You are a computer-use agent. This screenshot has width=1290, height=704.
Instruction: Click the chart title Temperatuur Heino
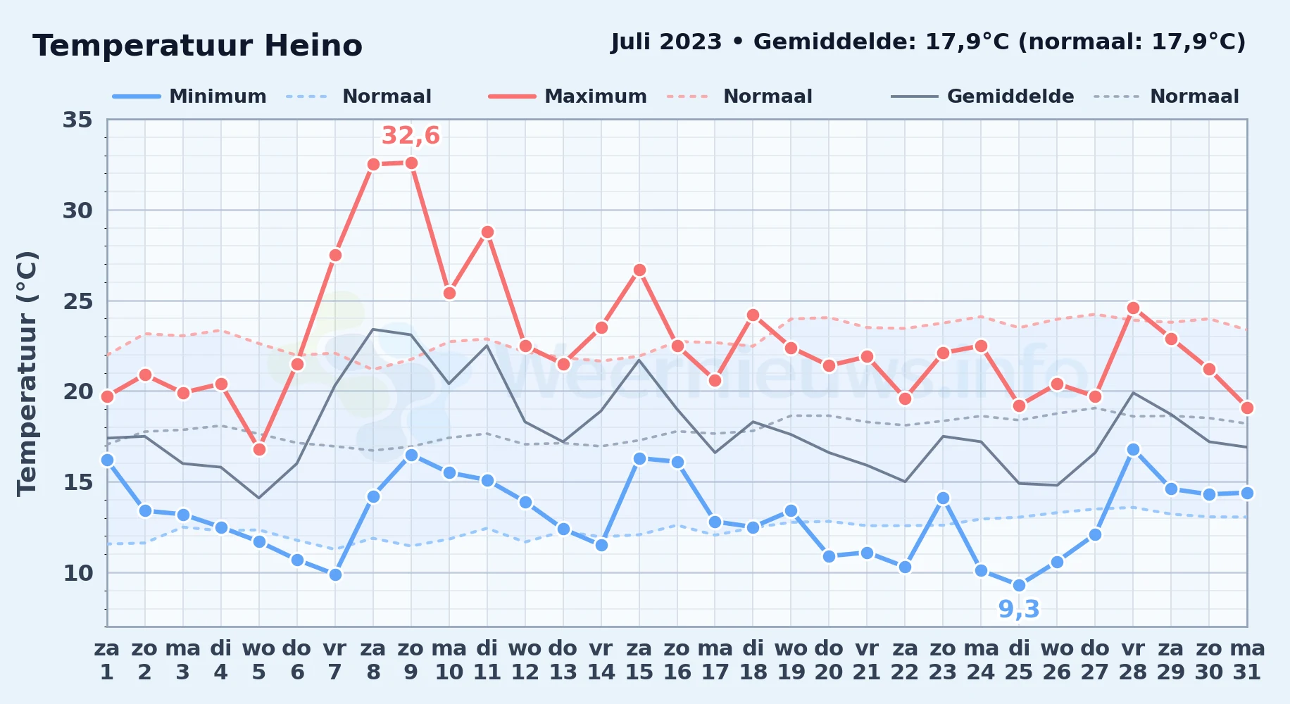coord(197,46)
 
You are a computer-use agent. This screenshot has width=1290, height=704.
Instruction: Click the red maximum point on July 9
coord(411,163)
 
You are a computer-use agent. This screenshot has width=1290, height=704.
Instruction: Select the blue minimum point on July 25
coord(1019,585)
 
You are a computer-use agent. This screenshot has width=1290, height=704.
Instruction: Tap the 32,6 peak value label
coord(411,135)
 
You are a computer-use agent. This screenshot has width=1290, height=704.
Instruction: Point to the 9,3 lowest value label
coord(1019,609)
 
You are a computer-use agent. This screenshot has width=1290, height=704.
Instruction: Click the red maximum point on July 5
coord(259,449)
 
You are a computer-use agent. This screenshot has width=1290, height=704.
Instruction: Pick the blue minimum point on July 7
coord(335,574)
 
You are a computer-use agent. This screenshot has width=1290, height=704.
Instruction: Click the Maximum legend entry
coord(568,96)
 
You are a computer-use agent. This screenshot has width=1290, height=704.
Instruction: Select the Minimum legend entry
coord(189,96)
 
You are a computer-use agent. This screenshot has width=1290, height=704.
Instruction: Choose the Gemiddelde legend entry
coord(983,96)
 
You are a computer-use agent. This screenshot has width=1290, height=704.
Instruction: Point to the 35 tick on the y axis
coord(77,120)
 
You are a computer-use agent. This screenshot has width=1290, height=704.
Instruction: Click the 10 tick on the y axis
coord(77,573)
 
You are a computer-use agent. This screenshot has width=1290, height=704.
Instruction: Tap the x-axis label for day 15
coord(639,660)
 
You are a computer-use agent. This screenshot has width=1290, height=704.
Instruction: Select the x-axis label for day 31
coord(1247,660)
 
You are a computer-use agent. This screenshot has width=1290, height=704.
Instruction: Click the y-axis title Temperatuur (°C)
coord(27,373)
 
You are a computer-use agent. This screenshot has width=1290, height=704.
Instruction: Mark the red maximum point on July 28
coord(1133,308)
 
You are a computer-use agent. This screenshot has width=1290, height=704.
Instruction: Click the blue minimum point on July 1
coord(107,460)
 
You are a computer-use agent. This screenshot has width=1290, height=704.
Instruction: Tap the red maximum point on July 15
coord(639,270)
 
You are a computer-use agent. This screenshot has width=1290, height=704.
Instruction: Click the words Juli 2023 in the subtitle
coord(666,42)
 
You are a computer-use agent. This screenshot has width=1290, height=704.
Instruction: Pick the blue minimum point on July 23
coord(943,498)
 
